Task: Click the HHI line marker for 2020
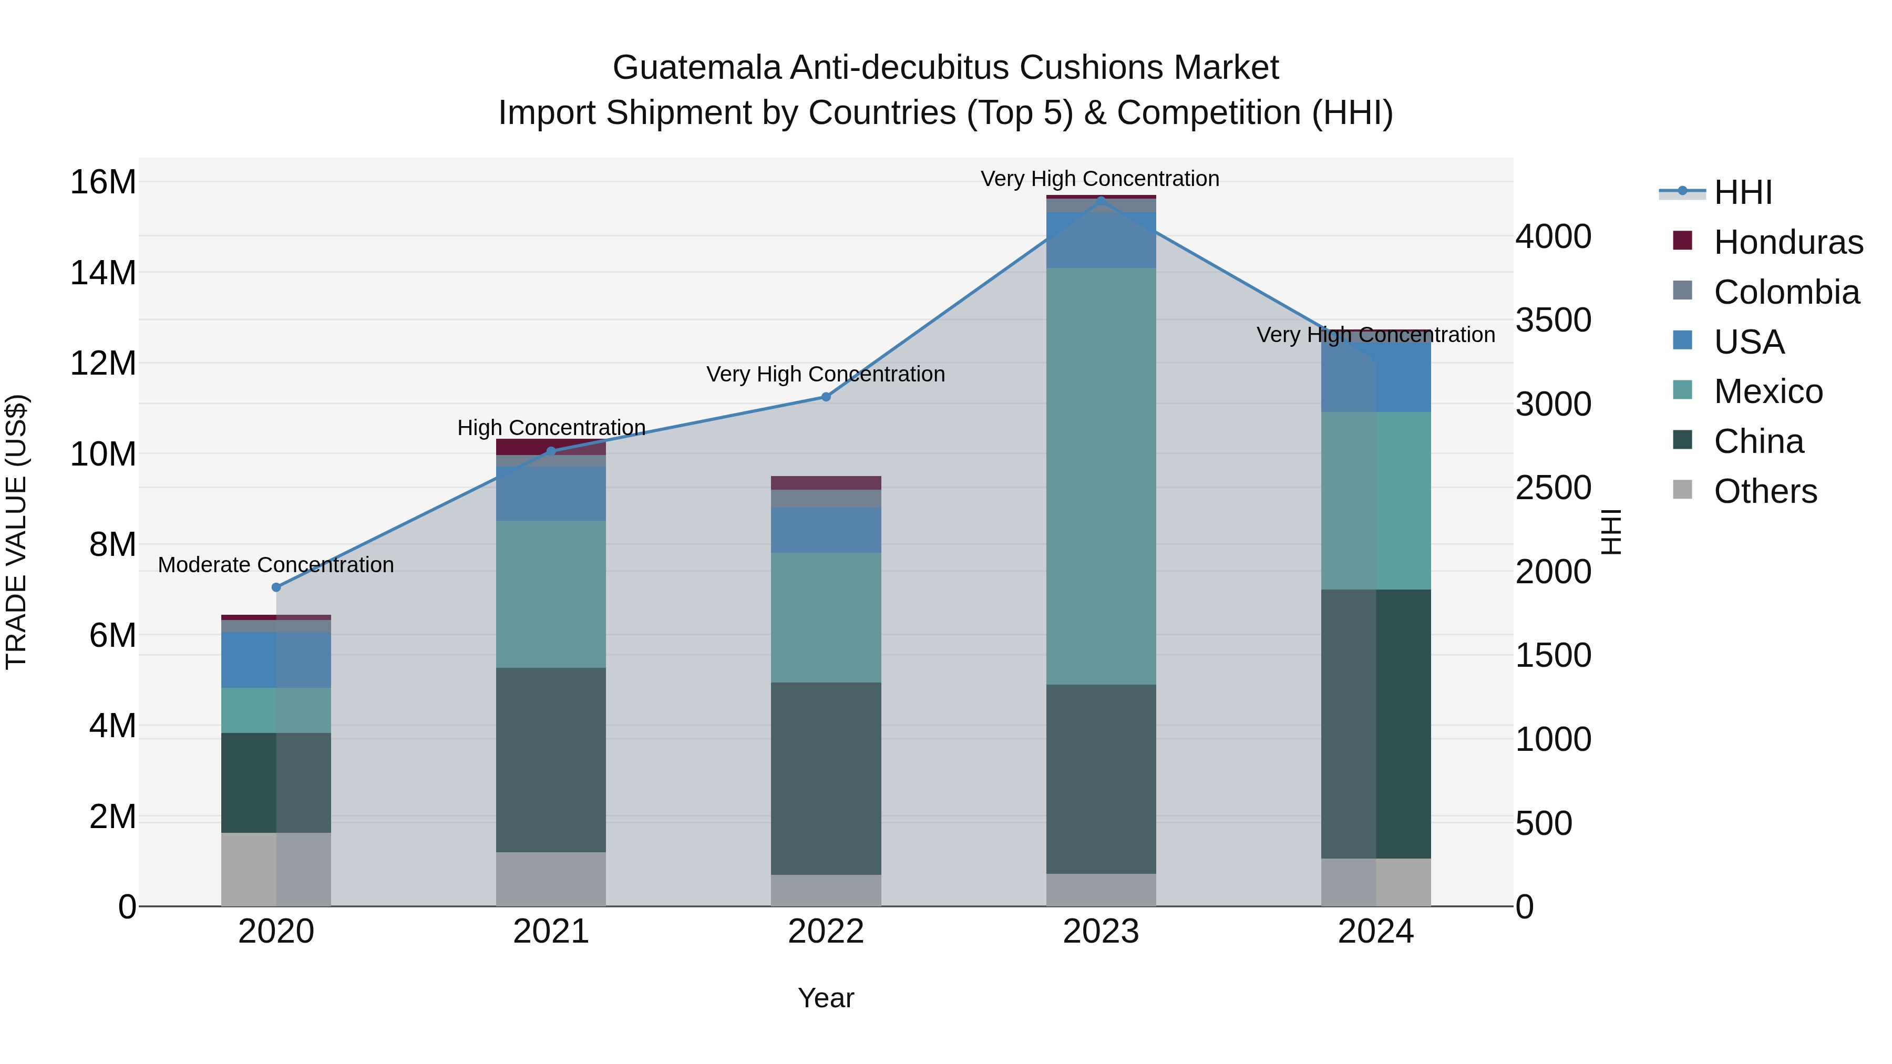(276, 587)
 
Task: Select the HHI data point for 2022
(826, 397)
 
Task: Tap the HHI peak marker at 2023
(1100, 200)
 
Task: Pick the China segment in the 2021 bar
(551, 759)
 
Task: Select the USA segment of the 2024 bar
(1376, 376)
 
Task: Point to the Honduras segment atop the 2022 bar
(826, 482)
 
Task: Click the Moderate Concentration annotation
(276, 565)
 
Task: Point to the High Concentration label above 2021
(551, 427)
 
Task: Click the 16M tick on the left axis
(103, 181)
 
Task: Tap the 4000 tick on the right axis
(1552, 236)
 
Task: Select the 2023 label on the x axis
(1100, 931)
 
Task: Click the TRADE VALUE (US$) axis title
(16, 532)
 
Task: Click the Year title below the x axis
(826, 998)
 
